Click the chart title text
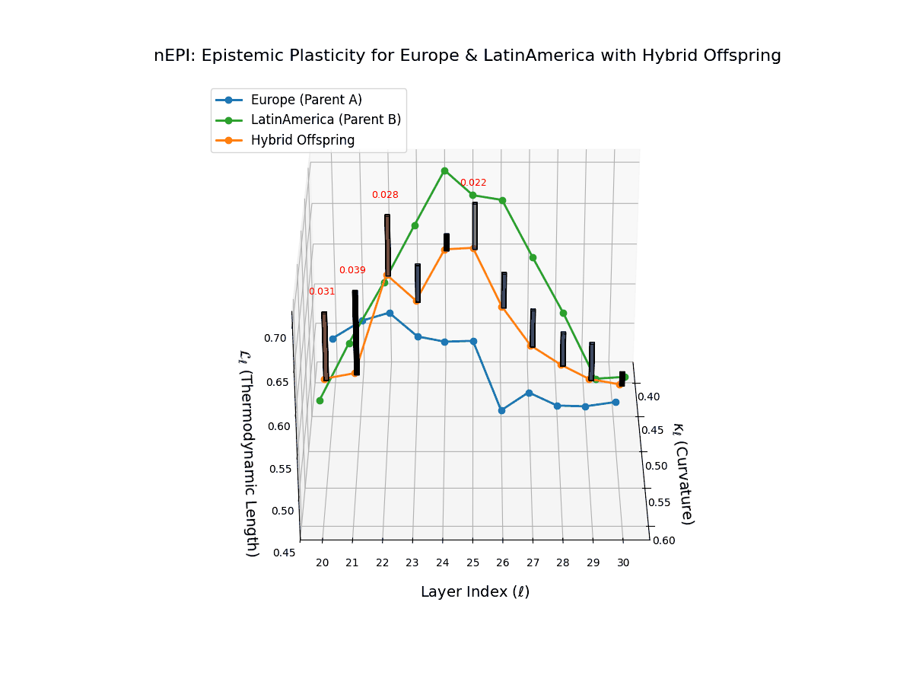click(x=467, y=56)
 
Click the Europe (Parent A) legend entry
click(x=306, y=100)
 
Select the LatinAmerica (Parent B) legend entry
click(x=325, y=119)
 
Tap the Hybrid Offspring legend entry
click(x=302, y=140)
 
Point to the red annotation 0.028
click(x=385, y=195)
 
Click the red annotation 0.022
click(x=473, y=183)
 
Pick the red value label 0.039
click(x=352, y=270)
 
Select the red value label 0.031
click(x=322, y=292)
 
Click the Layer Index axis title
click(x=475, y=592)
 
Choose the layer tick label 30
click(x=623, y=563)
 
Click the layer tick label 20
click(x=323, y=563)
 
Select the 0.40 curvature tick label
click(x=649, y=397)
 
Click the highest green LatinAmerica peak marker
click(x=445, y=171)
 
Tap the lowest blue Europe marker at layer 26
click(x=501, y=410)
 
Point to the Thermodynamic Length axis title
click(x=250, y=453)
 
